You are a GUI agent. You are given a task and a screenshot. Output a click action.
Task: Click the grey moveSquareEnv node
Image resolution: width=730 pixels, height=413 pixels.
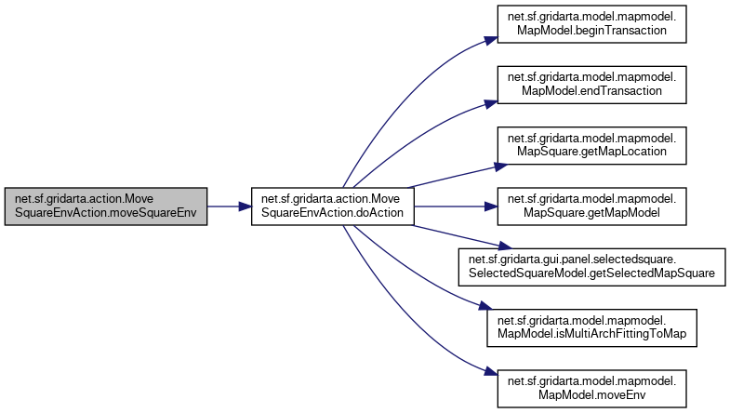[x=105, y=206]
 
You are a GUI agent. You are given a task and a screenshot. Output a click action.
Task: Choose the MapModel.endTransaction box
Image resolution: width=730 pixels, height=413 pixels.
[x=589, y=85]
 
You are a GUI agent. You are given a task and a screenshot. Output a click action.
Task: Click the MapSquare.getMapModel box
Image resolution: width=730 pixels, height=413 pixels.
[x=589, y=206]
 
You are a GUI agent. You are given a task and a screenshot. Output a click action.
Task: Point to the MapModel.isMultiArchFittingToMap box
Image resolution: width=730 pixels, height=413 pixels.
[x=589, y=326]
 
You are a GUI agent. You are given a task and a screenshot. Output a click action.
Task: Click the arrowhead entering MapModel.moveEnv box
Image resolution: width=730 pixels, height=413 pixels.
[x=485, y=372]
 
